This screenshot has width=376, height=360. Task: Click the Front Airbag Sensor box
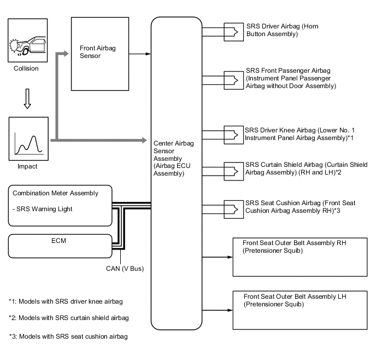[100, 54]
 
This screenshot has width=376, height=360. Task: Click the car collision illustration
[27, 40]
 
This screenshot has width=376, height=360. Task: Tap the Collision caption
[26, 68]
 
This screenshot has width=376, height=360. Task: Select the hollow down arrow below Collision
[27, 98]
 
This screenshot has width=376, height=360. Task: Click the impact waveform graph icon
[28, 139]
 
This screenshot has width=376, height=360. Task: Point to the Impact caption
[27, 166]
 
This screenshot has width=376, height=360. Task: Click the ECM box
[60, 246]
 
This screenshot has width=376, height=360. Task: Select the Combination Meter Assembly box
[60, 206]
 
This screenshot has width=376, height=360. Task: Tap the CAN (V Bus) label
[125, 269]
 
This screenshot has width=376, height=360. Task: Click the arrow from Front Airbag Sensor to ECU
[140, 54]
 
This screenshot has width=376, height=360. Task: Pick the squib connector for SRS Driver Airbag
[233, 32]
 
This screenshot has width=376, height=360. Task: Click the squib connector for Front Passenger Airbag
[233, 80]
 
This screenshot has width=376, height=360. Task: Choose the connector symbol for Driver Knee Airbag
[233, 135]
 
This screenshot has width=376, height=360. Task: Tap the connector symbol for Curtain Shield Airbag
[233, 171]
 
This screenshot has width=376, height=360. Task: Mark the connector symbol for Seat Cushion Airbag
[233, 210]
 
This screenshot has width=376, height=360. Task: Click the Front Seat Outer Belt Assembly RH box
[300, 257]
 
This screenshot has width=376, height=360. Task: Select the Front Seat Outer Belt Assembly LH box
[300, 310]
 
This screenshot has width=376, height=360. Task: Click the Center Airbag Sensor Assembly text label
[174, 159]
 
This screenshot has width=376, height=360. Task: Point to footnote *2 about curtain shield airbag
[69, 318]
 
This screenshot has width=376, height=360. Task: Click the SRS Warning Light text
[43, 209]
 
